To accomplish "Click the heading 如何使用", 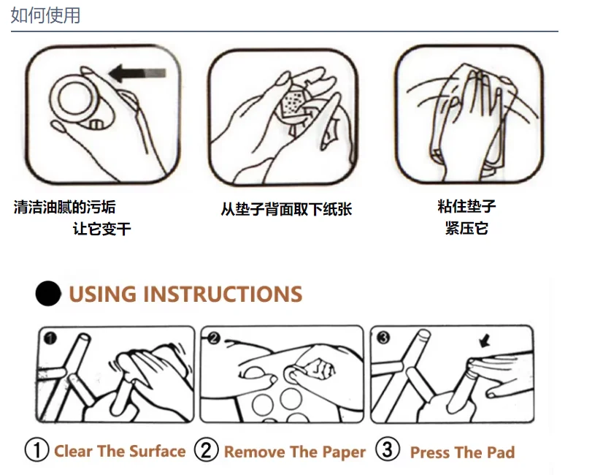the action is (45, 15).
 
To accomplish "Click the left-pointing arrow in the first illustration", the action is (137, 73).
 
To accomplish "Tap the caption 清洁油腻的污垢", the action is (64, 207).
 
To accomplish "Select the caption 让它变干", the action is (102, 229).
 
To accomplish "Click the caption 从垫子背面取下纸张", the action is (286, 209).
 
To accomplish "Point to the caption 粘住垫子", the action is (466, 206).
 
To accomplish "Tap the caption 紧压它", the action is (466, 228).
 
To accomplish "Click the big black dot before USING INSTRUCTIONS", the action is (48, 293).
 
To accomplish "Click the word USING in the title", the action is (103, 294).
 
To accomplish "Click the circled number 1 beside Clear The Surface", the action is (37, 449).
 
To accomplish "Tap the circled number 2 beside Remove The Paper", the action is (206, 449).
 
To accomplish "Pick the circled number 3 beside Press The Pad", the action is (387, 449).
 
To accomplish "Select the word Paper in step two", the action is (344, 452).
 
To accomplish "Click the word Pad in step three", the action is (501, 452).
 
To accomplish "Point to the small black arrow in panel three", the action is (485, 341).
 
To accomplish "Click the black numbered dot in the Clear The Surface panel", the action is (50, 338).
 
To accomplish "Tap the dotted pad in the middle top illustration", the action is (292, 102).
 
